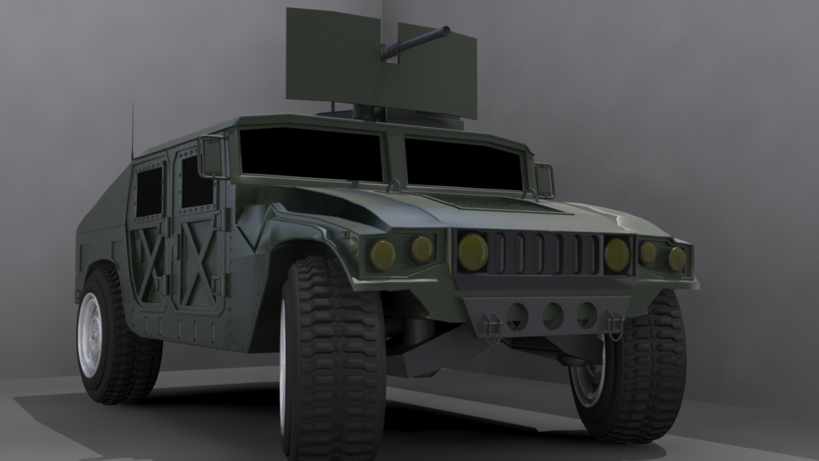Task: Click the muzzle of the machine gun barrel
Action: coord(446,30)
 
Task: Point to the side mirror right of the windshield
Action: coord(544,180)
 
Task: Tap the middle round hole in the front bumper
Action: coord(553,315)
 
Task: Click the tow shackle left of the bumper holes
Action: coord(491,327)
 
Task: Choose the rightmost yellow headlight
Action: coord(677,259)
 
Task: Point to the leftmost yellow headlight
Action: coord(383,255)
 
